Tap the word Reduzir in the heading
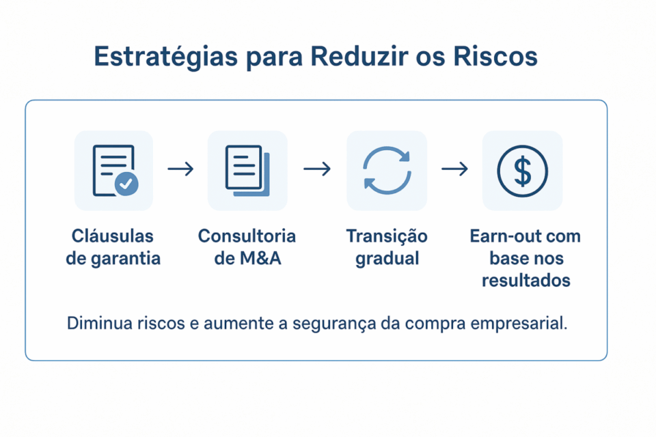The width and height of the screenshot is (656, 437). coord(359,57)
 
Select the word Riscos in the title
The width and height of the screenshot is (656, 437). coord(495,57)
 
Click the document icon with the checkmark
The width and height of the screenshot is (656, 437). coord(113,170)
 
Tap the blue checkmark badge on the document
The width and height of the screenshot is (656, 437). coord(126,183)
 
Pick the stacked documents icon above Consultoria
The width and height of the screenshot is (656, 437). coord(247,170)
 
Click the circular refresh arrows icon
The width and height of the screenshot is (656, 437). coord(387,170)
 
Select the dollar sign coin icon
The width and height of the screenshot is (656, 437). coord(522,170)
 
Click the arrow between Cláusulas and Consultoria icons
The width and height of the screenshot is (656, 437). coord(180,169)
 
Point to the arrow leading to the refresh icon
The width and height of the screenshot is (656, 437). coord(317,169)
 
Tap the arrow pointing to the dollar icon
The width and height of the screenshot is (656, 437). coord(454,169)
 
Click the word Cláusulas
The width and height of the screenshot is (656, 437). coord(113,236)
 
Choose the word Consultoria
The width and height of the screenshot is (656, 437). coord(247,236)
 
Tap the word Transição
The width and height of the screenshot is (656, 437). coord(387,236)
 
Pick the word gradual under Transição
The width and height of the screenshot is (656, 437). coord(387,259)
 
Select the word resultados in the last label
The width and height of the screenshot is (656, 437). coord(525,281)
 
